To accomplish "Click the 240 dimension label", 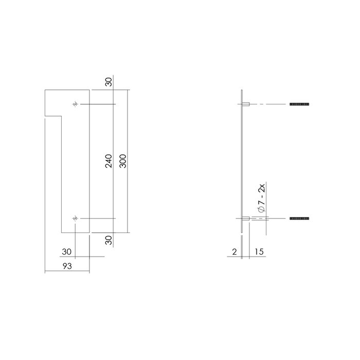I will pyautogui.click(x=108, y=161).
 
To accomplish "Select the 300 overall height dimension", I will pyautogui.click(x=122, y=161).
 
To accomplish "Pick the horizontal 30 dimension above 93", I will pyautogui.click(x=66, y=251).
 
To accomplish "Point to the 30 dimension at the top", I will pyautogui.click(x=108, y=82).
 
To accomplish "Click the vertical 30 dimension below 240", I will pyautogui.click(x=108, y=240).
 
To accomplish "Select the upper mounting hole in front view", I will pyautogui.click(x=76, y=105).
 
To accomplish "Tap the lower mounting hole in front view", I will pyautogui.click(x=76, y=219).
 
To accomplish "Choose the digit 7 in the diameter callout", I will pyautogui.click(x=262, y=202).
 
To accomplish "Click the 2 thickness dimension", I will pyautogui.click(x=235, y=252).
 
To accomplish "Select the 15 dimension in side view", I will pyautogui.click(x=258, y=252).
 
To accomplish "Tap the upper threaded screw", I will pyautogui.click(x=299, y=105).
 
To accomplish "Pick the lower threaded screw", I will pyautogui.click(x=299, y=219).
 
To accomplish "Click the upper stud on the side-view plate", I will pyautogui.click(x=246, y=105).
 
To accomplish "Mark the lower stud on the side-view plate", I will pyautogui.click(x=246, y=219).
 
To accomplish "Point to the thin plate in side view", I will pyautogui.click(x=242, y=161).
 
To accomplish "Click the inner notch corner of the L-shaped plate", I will pyautogui.click(x=62, y=117).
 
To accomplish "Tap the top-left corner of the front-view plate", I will pyautogui.click(x=46, y=90).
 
